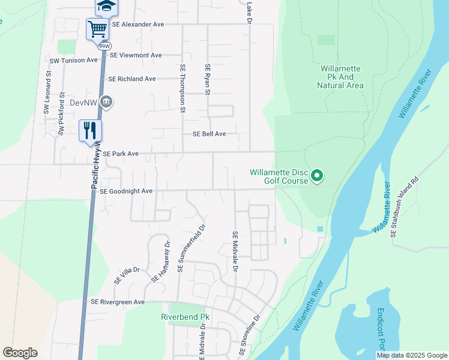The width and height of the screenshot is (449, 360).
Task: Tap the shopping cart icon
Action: tap(97, 28)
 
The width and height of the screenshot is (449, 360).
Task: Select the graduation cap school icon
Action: tap(106, 6)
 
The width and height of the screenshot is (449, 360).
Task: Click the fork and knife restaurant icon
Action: tap(91, 130)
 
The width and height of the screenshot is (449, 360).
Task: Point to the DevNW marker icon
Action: tap(107, 103)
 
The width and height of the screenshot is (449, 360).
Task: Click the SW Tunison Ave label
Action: tap(73, 61)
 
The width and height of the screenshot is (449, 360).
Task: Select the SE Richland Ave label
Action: tap(131, 79)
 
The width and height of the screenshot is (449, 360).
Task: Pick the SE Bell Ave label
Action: tap(209, 134)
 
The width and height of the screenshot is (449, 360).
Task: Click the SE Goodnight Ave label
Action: tap(126, 191)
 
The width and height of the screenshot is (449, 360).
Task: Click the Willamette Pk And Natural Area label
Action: tap(340, 77)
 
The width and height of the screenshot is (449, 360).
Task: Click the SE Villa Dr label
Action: tap(127, 275)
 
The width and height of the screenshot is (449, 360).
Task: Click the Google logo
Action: tap(20, 353)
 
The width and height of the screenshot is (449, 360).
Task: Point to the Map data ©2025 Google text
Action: tap(411, 355)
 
